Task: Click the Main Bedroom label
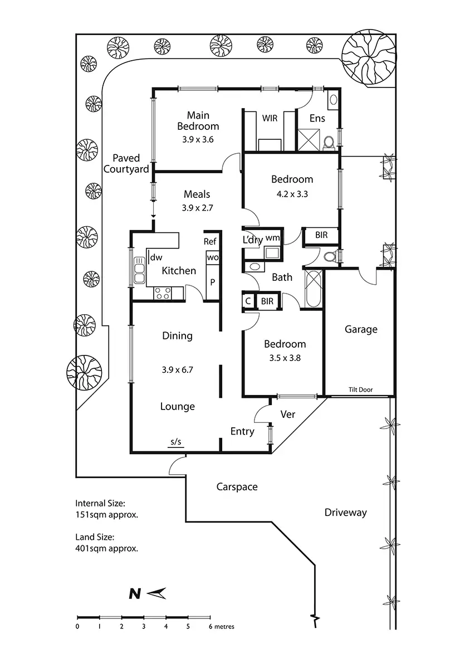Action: (x=198, y=120)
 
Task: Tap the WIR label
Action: (x=270, y=118)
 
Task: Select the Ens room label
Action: (x=317, y=118)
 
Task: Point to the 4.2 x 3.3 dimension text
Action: (x=291, y=194)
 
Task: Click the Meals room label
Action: (x=197, y=194)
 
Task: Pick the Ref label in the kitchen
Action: (x=209, y=241)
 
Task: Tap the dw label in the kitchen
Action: (x=156, y=257)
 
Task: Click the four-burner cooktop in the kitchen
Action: (x=162, y=293)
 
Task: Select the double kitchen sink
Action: (x=139, y=270)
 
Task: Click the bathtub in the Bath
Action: (x=313, y=289)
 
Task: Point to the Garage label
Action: (x=361, y=330)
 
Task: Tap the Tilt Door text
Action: (x=361, y=389)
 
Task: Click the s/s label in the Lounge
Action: (x=176, y=441)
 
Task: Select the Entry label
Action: (x=242, y=432)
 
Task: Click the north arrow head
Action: (x=157, y=593)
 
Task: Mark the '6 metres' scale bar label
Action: (x=222, y=627)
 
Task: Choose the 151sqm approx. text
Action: (x=106, y=514)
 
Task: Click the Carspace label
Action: (x=237, y=487)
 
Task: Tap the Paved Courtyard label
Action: (x=126, y=164)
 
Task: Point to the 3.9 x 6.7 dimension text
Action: (x=177, y=370)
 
